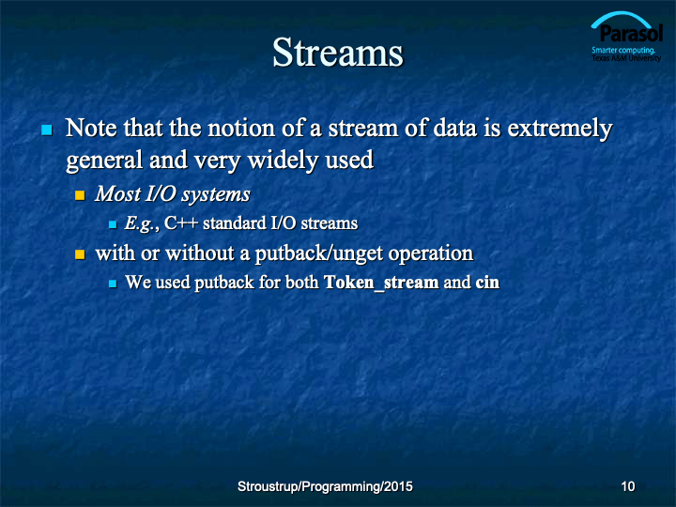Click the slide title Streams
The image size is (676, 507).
338,53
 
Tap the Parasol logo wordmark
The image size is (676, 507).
631,33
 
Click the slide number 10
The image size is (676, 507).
628,486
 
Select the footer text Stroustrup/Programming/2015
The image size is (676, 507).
325,486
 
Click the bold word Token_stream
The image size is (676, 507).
381,283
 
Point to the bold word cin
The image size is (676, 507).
487,283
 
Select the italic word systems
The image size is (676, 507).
215,195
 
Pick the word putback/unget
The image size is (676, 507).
319,253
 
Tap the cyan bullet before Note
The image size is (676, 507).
47,130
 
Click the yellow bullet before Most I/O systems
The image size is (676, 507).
80,195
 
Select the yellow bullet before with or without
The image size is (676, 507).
80,254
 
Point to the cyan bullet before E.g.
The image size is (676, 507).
113,224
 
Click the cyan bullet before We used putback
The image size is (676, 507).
113,284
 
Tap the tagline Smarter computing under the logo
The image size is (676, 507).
623,50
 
